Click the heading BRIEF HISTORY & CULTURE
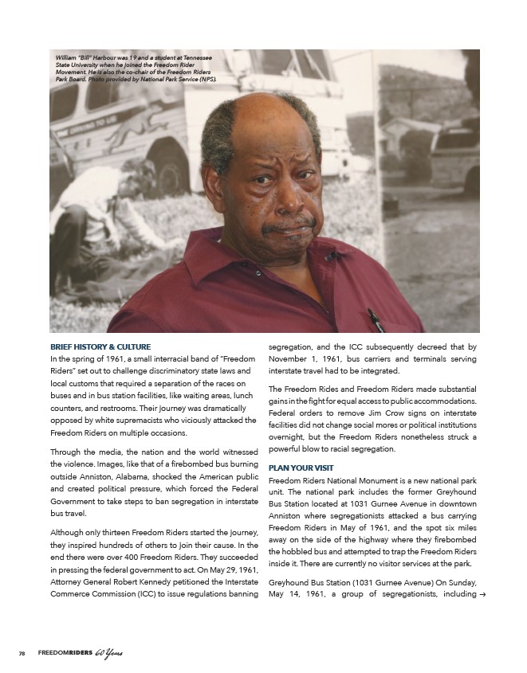point(100,346)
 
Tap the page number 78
point(22,654)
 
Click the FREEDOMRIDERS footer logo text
point(66,654)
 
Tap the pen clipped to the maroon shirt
point(375,319)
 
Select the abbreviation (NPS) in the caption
point(206,80)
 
